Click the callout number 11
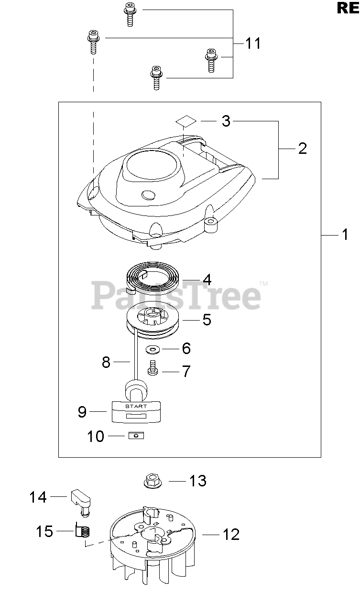click(x=253, y=43)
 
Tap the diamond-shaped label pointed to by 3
click(x=186, y=121)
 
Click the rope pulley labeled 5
click(x=153, y=320)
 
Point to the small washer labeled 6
click(x=153, y=350)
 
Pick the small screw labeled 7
click(x=153, y=367)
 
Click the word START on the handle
click(x=136, y=406)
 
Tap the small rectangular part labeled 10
click(x=136, y=435)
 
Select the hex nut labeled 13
click(x=153, y=481)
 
